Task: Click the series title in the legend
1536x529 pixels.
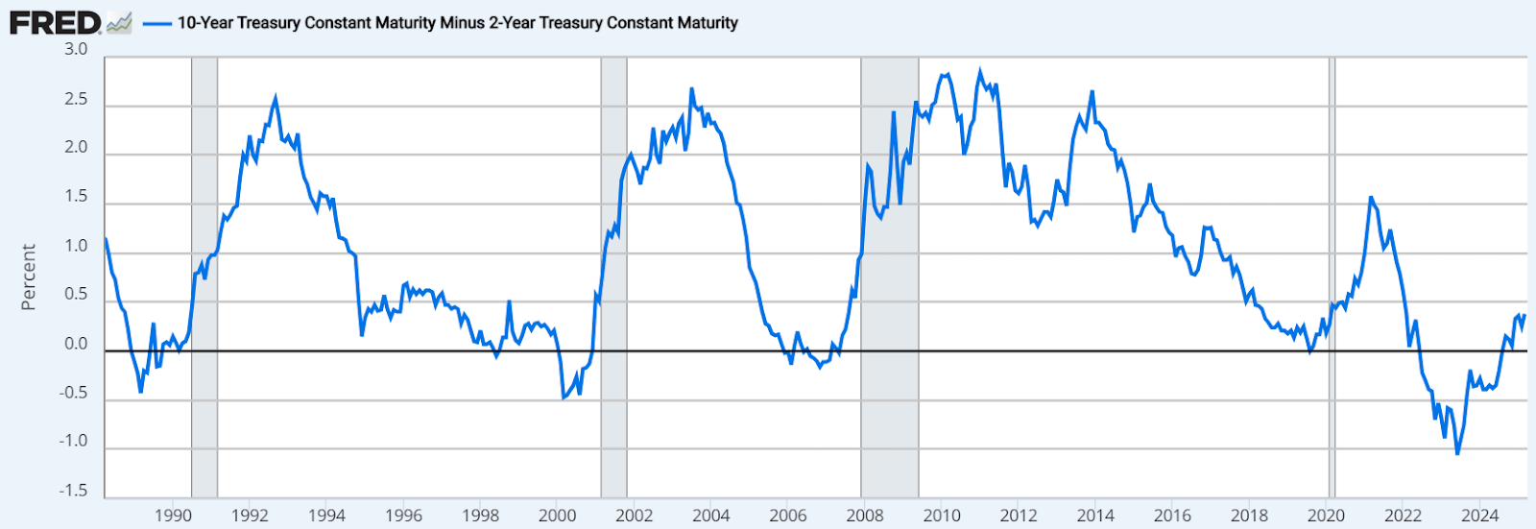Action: tap(457, 22)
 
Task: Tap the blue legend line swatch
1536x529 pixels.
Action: tap(156, 22)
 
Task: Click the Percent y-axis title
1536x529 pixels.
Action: tap(28, 277)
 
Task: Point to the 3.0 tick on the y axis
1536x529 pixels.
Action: tap(76, 49)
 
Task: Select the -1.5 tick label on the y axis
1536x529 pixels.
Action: tap(73, 491)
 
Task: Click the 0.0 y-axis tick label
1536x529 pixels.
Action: tap(76, 344)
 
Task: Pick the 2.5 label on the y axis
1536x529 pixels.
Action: tap(76, 100)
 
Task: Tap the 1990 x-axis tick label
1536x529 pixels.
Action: tap(173, 516)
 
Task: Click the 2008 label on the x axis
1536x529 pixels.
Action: tap(865, 516)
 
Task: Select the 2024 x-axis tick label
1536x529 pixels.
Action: tap(1479, 516)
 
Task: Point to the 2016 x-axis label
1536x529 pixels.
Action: tap(1172, 516)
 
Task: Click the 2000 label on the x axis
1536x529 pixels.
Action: tap(557, 516)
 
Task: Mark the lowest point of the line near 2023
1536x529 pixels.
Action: tap(1457, 453)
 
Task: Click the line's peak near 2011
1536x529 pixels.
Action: tap(979, 70)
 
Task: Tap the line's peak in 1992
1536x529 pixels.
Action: tap(276, 98)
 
